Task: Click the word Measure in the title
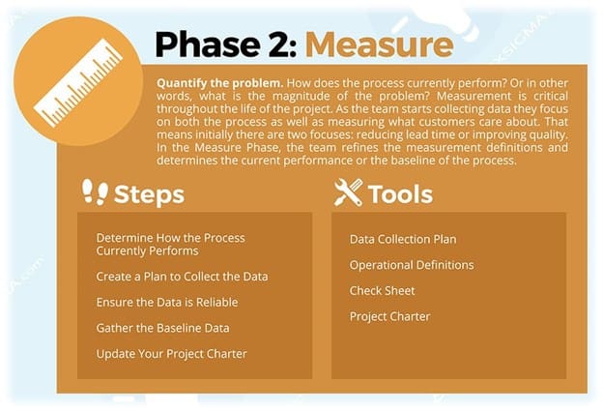coord(379,44)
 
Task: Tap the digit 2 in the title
coord(280,44)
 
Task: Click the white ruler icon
coord(78,82)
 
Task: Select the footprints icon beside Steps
coord(95,191)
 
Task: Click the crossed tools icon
coord(349,192)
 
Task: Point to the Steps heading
coord(149,194)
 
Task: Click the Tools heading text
coord(400,194)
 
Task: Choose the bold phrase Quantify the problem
coord(220,83)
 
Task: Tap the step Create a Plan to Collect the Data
coord(182,277)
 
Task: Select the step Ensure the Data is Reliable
coord(167,302)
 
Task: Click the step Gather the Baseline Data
coord(162,328)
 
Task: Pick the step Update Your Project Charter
coord(171,354)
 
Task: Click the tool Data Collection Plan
coord(403,239)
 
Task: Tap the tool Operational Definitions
coord(412,265)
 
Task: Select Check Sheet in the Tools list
coord(383,290)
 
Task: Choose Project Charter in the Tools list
coord(390,316)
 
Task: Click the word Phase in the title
coord(208,44)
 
